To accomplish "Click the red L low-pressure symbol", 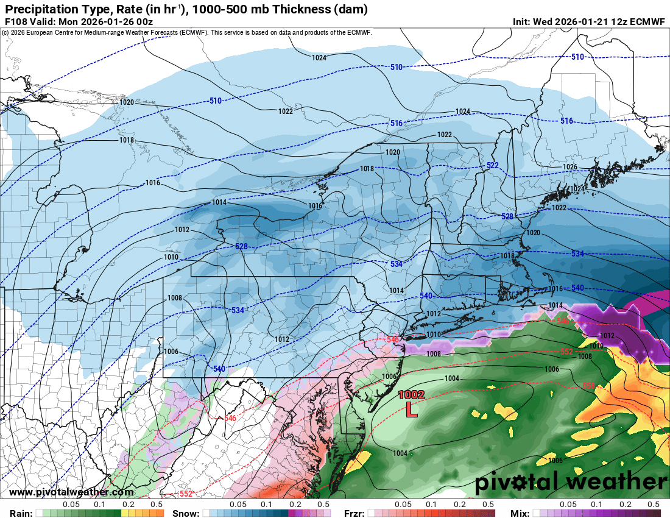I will point(412,409).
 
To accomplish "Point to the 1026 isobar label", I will point(569,167).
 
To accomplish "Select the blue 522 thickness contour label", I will point(492,166).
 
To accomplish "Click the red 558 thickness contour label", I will point(588,386).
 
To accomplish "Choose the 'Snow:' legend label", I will point(186,513).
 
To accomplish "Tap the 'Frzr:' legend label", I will point(354,513).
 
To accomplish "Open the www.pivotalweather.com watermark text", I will point(72,492).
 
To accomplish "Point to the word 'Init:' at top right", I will point(523,22).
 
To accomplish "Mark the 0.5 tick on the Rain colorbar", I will point(157,505).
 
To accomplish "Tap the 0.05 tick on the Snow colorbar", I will point(238,505).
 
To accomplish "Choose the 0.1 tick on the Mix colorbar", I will point(597,505).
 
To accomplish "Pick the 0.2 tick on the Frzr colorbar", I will point(460,505).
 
